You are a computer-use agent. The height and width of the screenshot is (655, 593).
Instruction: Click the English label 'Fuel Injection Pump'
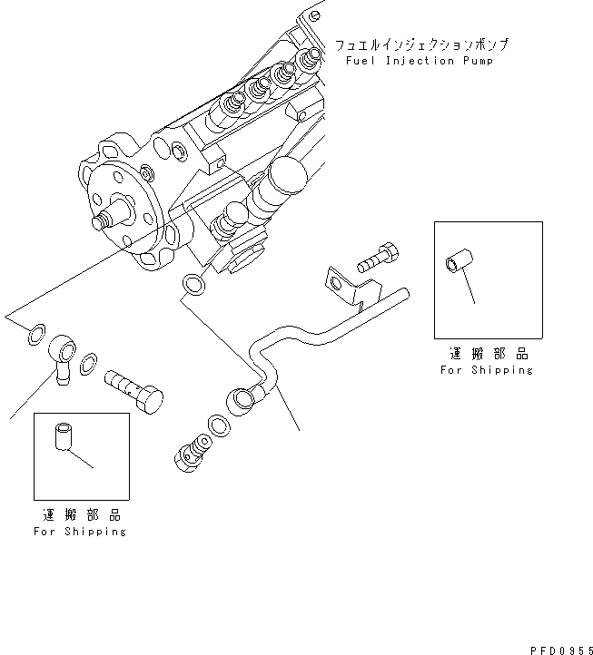(x=420, y=61)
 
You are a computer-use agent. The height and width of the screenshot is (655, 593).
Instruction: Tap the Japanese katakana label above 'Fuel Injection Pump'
(x=421, y=44)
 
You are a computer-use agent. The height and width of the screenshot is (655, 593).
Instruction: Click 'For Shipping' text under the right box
(x=487, y=370)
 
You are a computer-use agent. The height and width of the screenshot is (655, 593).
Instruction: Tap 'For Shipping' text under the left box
(x=80, y=531)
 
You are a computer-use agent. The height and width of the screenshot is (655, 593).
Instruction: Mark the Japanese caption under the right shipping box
(x=488, y=354)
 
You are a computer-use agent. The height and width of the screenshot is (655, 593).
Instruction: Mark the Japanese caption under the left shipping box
(x=80, y=514)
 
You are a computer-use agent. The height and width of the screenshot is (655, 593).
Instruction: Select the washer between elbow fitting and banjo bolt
(x=89, y=366)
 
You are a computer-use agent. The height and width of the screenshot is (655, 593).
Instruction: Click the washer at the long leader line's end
(x=34, y=334)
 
